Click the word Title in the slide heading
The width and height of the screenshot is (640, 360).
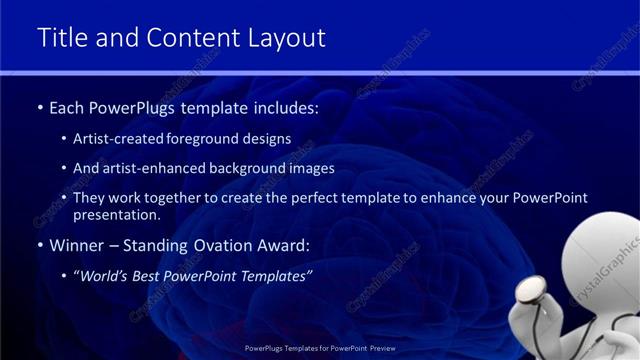click(61, 38)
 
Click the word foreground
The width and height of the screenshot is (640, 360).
click(214, 139)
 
